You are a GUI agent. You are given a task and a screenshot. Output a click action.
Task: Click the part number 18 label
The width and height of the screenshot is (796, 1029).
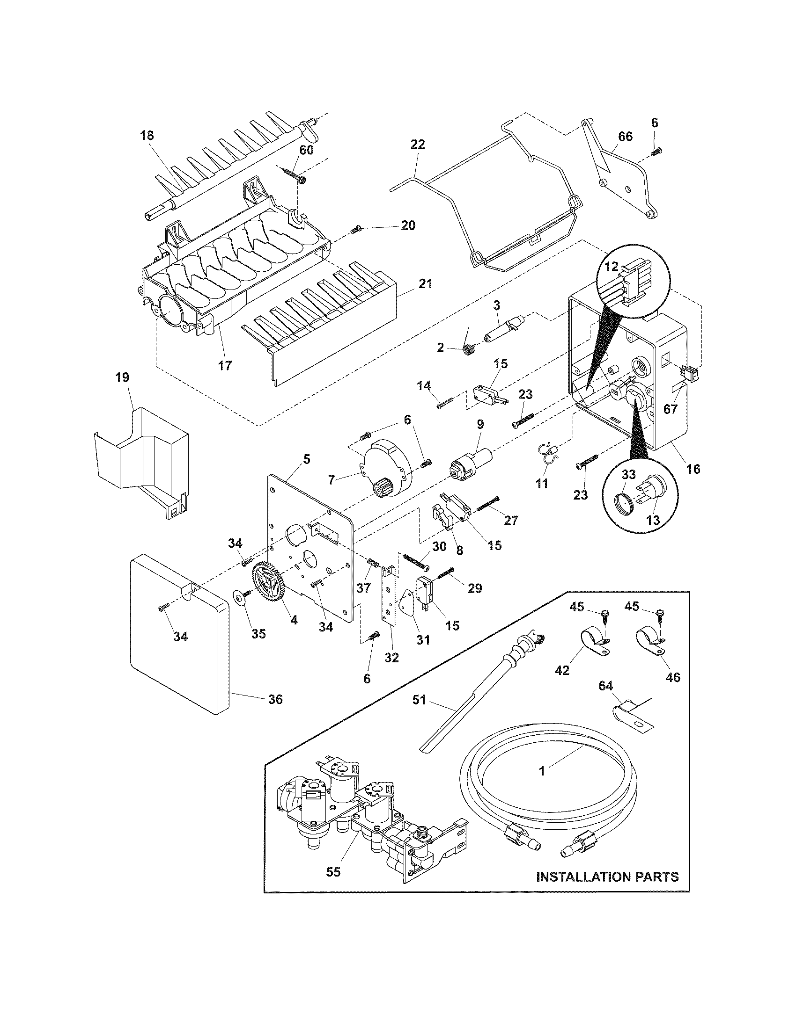click(x=147, y=136)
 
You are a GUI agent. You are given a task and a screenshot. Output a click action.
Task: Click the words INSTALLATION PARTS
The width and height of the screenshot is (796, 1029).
click(x=607, y=877)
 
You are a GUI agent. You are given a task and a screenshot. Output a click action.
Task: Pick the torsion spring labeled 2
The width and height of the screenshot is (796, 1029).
click(x=468, y=349)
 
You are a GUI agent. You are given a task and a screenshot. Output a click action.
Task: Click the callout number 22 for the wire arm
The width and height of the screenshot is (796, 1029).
click(x=418, y=144)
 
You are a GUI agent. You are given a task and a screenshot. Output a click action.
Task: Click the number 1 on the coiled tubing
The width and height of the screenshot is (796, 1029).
click(x=542, y=771)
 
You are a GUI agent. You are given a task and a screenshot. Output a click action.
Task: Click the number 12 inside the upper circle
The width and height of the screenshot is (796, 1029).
click(x=612, y=266)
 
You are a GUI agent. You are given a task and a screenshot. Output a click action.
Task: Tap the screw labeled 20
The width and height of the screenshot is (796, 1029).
click(x=356, y=229)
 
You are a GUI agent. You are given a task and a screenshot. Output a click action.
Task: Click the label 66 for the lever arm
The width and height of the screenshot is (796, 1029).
click(x=626, y=137)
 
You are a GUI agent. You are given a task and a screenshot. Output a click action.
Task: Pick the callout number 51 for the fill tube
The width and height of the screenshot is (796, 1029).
click(x=419, y=713)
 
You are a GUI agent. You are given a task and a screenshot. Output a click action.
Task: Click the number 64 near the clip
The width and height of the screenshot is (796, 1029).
click(x=605, y=685)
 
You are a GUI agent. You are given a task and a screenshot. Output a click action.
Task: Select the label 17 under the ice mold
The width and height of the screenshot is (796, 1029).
click(x=225, y=365)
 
